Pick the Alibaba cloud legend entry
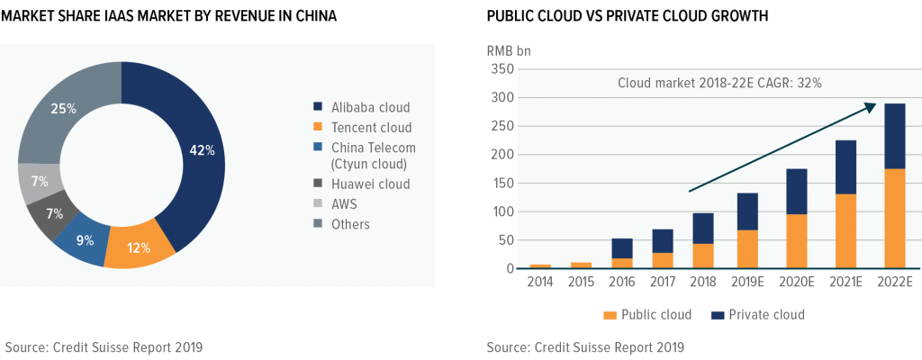click(363, 107)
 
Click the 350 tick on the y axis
click(501, 69)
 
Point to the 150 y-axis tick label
click(501, 184)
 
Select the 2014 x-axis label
click(539, 283)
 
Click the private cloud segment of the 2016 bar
click(622, 248)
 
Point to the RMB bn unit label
click(509, 50)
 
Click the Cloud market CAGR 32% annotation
click(719, 83)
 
